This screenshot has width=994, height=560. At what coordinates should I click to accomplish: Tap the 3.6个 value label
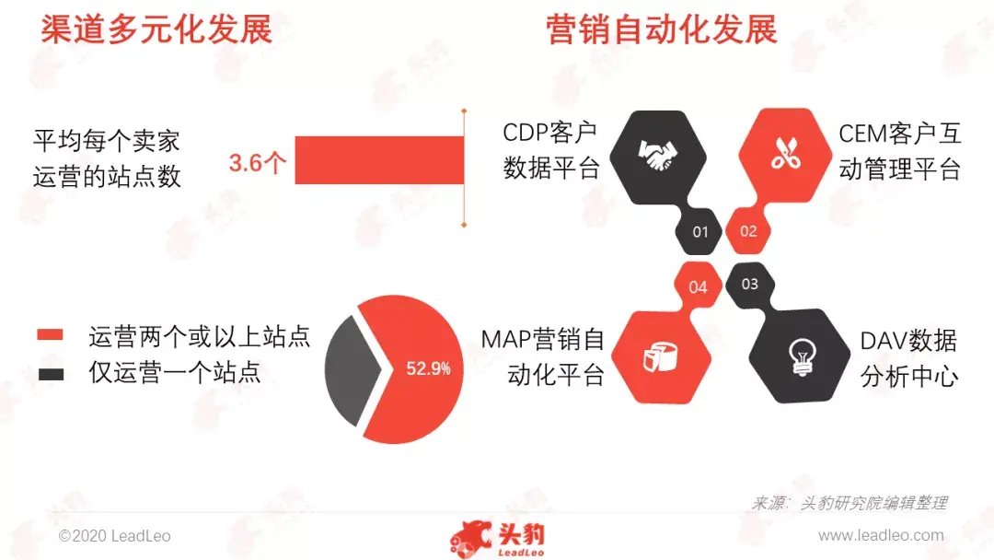pos(259,164)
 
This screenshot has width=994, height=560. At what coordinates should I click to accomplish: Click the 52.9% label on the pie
pos(428,369)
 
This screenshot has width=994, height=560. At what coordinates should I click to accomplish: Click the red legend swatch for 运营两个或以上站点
pos(51,335)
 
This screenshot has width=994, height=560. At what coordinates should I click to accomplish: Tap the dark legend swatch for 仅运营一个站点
pos(51,373)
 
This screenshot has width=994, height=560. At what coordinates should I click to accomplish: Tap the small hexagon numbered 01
pos(700,231)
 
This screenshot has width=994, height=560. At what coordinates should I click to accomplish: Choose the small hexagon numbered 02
pos(747,231)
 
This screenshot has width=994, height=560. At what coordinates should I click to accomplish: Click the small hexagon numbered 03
pos(749,284)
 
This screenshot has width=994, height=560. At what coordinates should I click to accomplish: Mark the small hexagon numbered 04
pos(699,286)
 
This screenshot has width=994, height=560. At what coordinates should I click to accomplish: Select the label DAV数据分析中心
pos(909,359)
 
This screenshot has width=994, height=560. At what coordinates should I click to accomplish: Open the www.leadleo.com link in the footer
pos(881,535)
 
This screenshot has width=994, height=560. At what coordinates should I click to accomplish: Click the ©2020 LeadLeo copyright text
pos(114,535)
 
